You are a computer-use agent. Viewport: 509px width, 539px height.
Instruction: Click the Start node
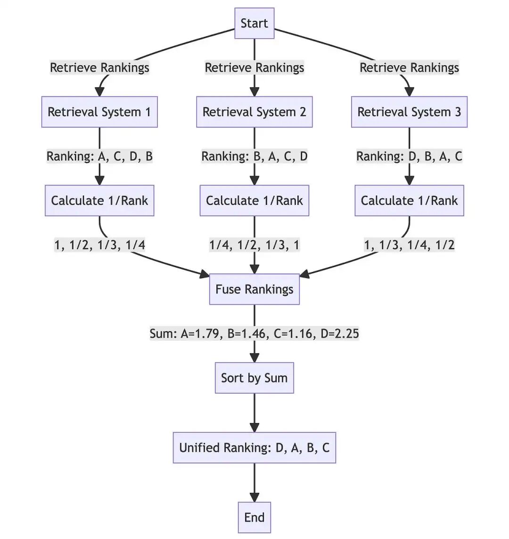click(x=254, y=23)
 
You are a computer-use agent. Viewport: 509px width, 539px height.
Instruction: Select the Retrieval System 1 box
click(x=99, y=112)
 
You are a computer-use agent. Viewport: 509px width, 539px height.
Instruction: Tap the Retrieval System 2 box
click(x=254, y=112)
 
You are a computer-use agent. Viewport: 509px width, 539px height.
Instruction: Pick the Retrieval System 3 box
click(x=409, y=112)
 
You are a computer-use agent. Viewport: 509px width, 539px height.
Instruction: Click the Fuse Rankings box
click(x=254, y=289)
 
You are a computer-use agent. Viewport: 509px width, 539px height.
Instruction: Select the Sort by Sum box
click(x=254, y=378)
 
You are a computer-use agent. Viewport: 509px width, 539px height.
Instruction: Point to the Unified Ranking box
click(x=254, y=447)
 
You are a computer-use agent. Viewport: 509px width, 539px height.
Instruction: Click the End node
click(x=254, y=517)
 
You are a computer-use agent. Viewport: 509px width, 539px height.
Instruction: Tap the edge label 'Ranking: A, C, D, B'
click(x=99, y=156)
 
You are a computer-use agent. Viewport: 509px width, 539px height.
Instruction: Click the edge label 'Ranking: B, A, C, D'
click(x=254, y=156)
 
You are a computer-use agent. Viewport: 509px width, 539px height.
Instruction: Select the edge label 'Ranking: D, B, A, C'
click(x=409, y=156)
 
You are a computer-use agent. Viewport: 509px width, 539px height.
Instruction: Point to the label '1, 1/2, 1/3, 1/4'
click(x=100, y=245)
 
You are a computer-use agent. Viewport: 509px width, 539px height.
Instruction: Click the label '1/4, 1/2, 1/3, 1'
click(x=254, y=245)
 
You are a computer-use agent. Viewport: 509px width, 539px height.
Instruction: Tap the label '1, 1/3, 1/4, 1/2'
click(x=409, y=245)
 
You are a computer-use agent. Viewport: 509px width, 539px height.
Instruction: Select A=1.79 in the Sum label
click(x=200, y=334)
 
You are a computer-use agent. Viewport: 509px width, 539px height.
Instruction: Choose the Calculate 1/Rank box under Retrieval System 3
click(x=409, y=201)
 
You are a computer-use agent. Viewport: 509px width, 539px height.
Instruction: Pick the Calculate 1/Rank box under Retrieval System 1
click(x=99, y=201)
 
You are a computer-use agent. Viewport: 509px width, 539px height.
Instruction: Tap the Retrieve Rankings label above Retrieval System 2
click(x=254, y=67)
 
